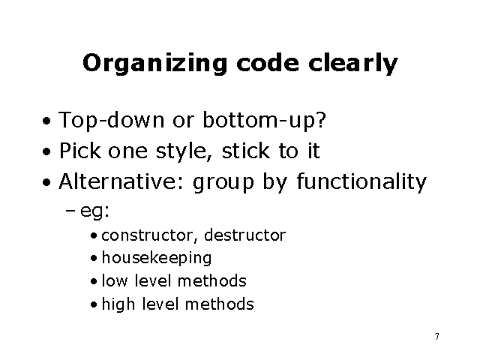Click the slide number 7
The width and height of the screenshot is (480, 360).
pos(436,335)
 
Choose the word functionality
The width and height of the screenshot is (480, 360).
pos(362,181)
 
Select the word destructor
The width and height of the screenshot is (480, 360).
pos(245,235)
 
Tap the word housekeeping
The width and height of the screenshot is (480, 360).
pos(157,258)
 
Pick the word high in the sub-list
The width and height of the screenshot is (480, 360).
pos(115,304)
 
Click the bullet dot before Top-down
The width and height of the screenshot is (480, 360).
pos(46,121)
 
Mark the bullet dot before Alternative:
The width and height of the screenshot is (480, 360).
pos(46,182)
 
